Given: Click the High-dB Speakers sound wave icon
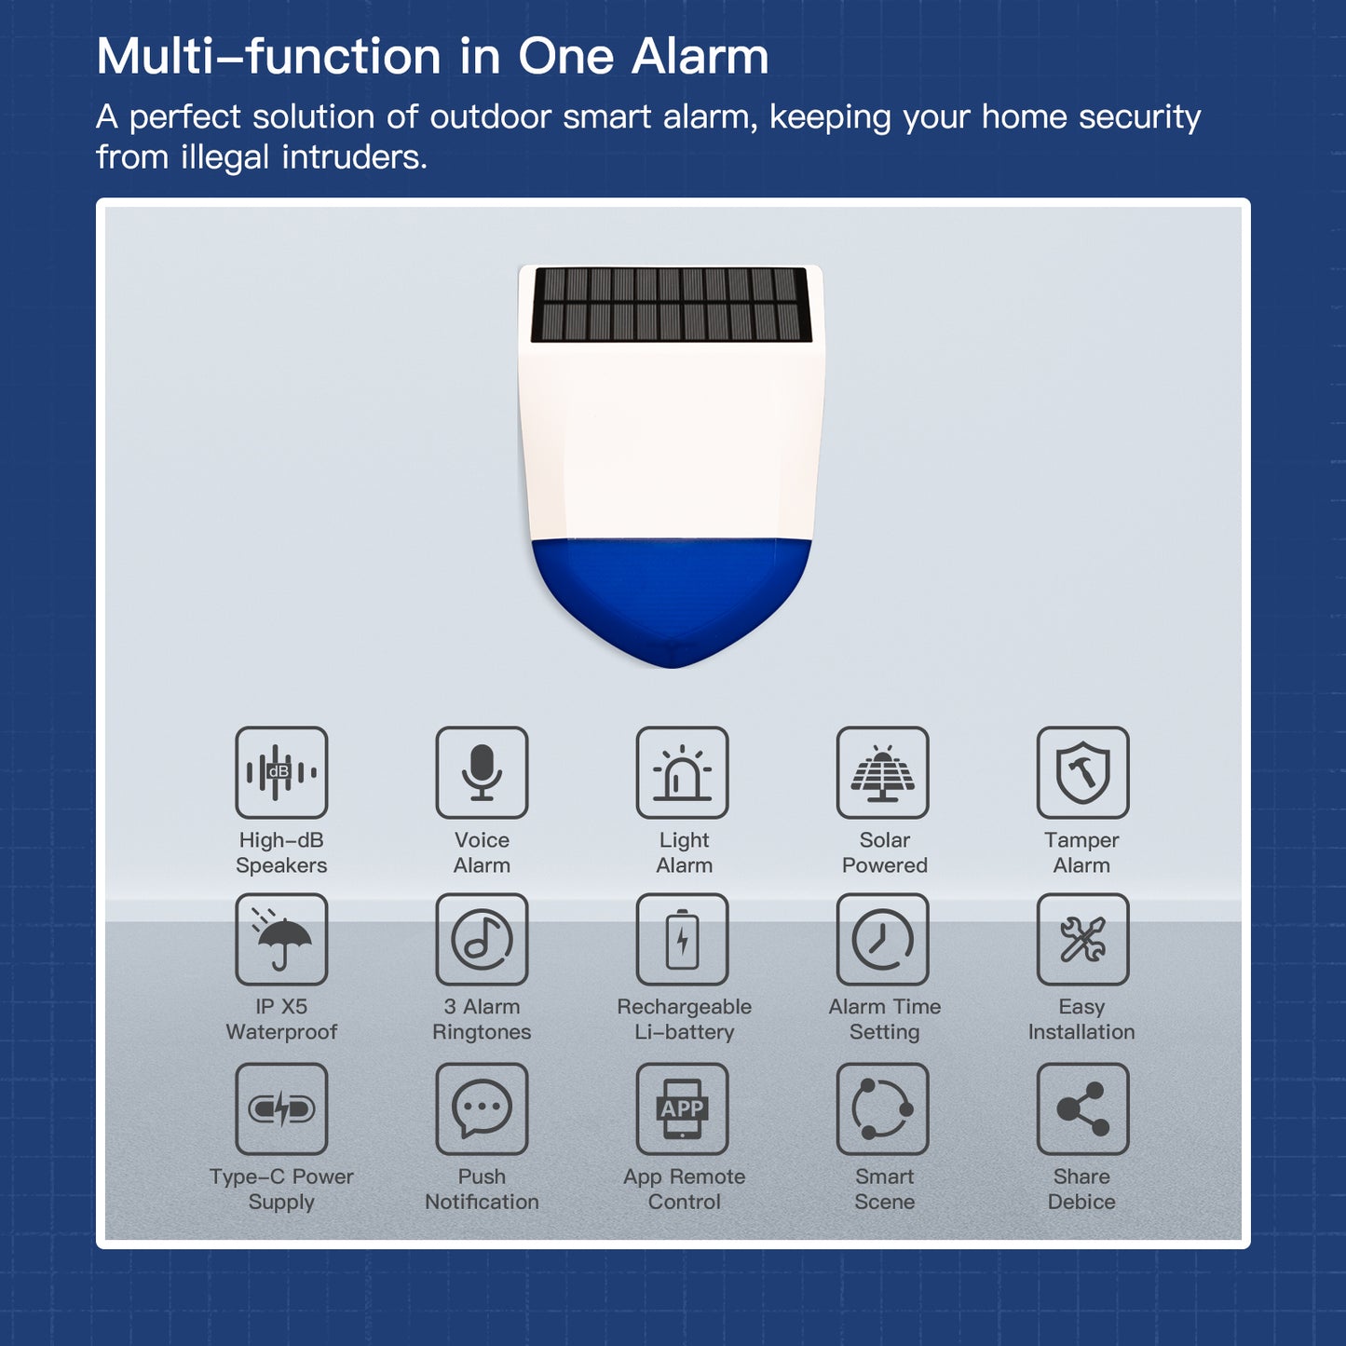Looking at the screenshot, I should click(281, 772).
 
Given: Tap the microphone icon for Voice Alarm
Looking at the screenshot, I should click(482, 772).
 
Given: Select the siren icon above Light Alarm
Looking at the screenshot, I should click(682, 772).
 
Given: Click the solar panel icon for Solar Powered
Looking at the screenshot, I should click(882, 772).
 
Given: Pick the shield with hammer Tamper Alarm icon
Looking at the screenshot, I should click(1082, 772).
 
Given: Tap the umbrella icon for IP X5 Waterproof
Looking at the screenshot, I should click(281, 939).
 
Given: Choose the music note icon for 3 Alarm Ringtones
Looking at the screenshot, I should click(482, 939).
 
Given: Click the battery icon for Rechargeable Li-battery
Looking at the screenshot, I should click(682, 939).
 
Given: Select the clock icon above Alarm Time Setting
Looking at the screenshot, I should click(882, 939).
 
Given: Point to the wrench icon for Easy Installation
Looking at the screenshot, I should click(1082, 939).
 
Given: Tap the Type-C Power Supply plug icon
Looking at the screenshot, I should click(281, 1108).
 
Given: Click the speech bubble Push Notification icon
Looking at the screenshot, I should click(482, 1108).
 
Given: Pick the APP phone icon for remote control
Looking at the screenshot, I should click(682, 1108).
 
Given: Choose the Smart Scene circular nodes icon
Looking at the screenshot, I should click(882, 1108).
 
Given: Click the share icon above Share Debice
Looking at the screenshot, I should click(1082, 1108).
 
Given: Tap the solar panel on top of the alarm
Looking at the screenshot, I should click(672, 305).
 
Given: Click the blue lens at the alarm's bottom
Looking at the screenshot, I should click(671, 596).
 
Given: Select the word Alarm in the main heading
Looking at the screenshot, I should click(700, 57).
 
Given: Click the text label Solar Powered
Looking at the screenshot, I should click(884, 852).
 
